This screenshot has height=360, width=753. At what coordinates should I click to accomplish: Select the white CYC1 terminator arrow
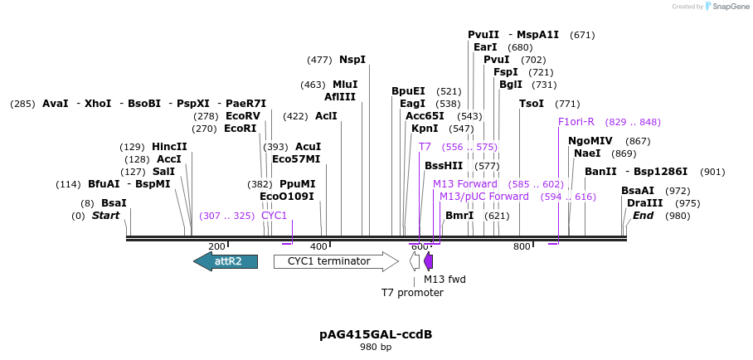point(335,261)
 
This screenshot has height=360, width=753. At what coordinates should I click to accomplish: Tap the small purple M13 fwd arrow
point(428,261)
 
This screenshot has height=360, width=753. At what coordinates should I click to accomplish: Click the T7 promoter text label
point(412,292)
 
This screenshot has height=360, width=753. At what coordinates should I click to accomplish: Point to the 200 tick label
point(217,246)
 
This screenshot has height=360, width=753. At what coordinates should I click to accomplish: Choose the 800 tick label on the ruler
point(522,246)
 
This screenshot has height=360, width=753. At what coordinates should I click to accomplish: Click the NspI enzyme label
point(352,60)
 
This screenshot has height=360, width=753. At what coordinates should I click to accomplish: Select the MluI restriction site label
point(345,85)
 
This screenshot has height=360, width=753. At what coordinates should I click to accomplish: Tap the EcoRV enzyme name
point(243,116)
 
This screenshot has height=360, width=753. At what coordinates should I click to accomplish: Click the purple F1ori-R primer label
point(576,122)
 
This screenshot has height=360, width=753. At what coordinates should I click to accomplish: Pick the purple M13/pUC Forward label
point(483,197)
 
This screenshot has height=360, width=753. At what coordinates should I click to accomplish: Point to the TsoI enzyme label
point(532,104)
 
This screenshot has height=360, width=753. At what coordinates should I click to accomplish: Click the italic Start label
point(105,216)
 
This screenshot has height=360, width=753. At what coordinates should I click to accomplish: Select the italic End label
point(643,216)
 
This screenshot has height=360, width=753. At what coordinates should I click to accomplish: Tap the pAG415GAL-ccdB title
point(376,334)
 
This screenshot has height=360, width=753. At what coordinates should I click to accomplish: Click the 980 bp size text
point(376,348)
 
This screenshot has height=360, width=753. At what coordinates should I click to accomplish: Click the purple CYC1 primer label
point(274,216)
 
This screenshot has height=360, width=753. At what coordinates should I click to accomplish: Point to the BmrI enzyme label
point(459,216)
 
